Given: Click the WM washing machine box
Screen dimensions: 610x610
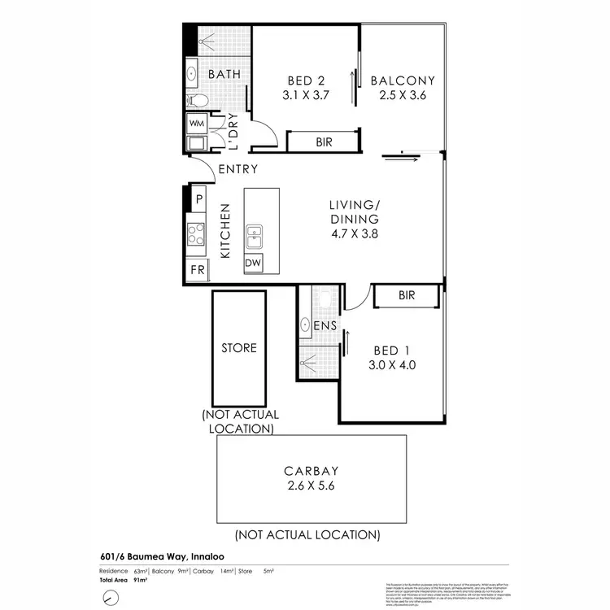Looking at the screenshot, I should pyautogui.click(x=197, y=124).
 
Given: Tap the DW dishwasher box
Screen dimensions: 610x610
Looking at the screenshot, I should pyautogui.click(x=254, y=264).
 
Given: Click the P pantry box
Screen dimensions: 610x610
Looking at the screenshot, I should pyautogui.click(x=198, y=198).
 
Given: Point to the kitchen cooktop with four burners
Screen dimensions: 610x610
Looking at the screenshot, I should pyautogui.click(x=197, y=234).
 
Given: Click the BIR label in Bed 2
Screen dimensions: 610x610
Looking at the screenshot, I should pyautogui.click(x=323, y=142).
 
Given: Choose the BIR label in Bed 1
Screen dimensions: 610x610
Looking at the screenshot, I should pyautogui.click(x=407, y=296).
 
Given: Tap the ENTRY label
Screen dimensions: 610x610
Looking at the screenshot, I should pyautogui.click(x=238, y=169).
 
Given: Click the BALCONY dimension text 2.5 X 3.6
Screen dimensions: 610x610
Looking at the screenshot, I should pyautogui.click(x=403, y=95).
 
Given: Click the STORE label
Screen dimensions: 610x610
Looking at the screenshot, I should pyautogui.click(x=239, y=348).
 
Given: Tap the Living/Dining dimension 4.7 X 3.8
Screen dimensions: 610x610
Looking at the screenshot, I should pyautogui.click(x=354, y=233).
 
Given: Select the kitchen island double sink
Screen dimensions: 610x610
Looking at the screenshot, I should pyautogui.click(x=254, y=237).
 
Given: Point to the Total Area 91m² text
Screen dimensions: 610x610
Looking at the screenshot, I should pyautogui.click(x=113, y=580).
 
